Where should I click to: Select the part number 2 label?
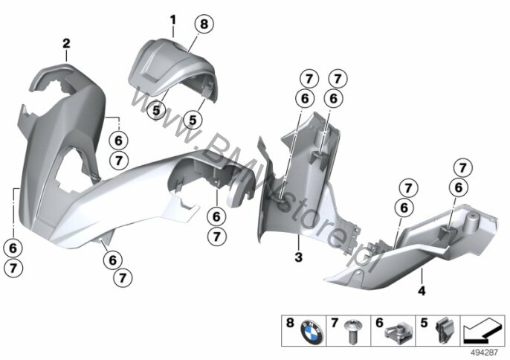coord(66,45)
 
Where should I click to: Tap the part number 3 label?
coord(298,257)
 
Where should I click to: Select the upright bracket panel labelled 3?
coord(305,179)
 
